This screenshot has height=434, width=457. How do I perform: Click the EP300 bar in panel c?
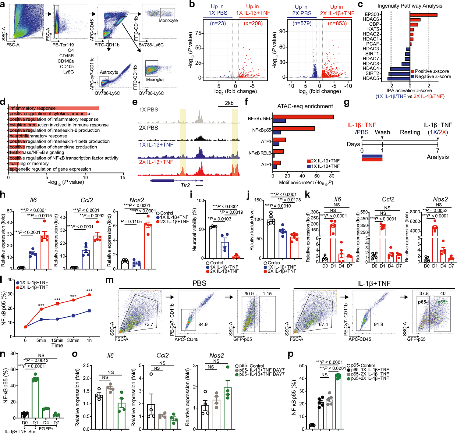tap(423, 15)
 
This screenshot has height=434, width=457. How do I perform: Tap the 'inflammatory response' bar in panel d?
tap(54, 108)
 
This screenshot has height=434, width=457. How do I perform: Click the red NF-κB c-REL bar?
tap(303, 117)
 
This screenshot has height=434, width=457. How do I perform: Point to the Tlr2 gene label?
tap(185, 185)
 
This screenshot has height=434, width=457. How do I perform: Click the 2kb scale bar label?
tap(229, 103)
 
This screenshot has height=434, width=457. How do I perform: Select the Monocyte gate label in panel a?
tap(168, 20)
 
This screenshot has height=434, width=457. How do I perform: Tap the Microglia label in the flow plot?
tap(155, 80)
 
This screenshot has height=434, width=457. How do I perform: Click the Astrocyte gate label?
tap(109, 72)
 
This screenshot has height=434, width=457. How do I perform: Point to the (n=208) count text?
tap(253, 23)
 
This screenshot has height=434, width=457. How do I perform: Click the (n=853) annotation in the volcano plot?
tap(337, 23)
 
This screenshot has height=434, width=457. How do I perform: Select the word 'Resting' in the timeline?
tap(410, 132)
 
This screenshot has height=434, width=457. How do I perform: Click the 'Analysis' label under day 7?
tap(438, 157)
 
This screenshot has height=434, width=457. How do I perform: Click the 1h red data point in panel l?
tap(89, 295)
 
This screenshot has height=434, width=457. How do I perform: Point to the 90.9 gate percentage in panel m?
tap(249, 293)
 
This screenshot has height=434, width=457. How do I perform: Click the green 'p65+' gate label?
tap(442, 302)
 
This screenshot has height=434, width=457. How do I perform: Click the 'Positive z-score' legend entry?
tap(432, 71)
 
